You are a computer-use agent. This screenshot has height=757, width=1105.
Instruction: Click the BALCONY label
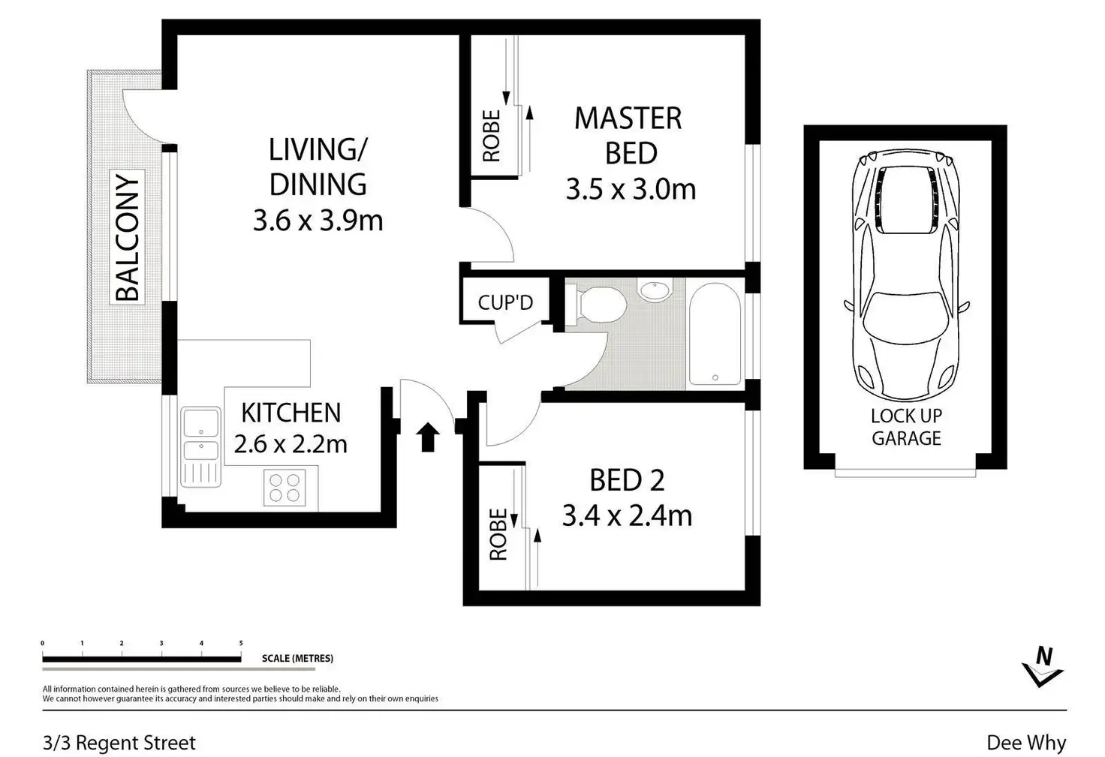(x=128, y=237)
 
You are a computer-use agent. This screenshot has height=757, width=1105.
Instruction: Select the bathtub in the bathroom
(x=715, y=334)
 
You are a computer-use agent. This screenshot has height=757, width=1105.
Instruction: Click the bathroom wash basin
(x=655, y=289)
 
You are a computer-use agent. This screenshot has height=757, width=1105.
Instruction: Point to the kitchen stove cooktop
(x=285, y=487)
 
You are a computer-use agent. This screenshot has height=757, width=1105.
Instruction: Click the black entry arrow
(x=427, y=437)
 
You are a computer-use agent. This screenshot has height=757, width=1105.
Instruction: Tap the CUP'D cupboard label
(x=506, y=302)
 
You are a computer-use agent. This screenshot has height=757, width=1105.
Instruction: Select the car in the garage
(x=906, y=275)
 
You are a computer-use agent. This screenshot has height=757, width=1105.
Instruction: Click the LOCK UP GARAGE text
(x=906, y=427)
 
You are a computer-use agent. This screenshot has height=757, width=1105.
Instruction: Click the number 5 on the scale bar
(x=241, y=643)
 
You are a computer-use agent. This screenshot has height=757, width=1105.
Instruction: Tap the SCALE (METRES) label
(x=297, y=659)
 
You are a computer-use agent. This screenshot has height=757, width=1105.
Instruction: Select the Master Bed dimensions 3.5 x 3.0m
(x=631, y=189)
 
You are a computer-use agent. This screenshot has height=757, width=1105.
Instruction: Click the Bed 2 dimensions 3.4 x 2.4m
(x=628, y=516)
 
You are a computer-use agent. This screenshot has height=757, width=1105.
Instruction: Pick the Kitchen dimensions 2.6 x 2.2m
(x=291, y=444)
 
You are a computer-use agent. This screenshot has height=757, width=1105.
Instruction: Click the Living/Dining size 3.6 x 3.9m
(x=318, y=221)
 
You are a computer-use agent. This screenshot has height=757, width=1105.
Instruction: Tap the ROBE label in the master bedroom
(x=492, y=136)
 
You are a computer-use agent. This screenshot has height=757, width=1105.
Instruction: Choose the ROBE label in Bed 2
(x=498, y=534)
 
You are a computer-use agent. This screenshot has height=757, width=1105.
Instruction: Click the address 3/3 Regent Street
(x=119, y=743)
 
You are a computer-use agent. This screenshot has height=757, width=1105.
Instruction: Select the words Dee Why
(x=1027, y=743)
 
